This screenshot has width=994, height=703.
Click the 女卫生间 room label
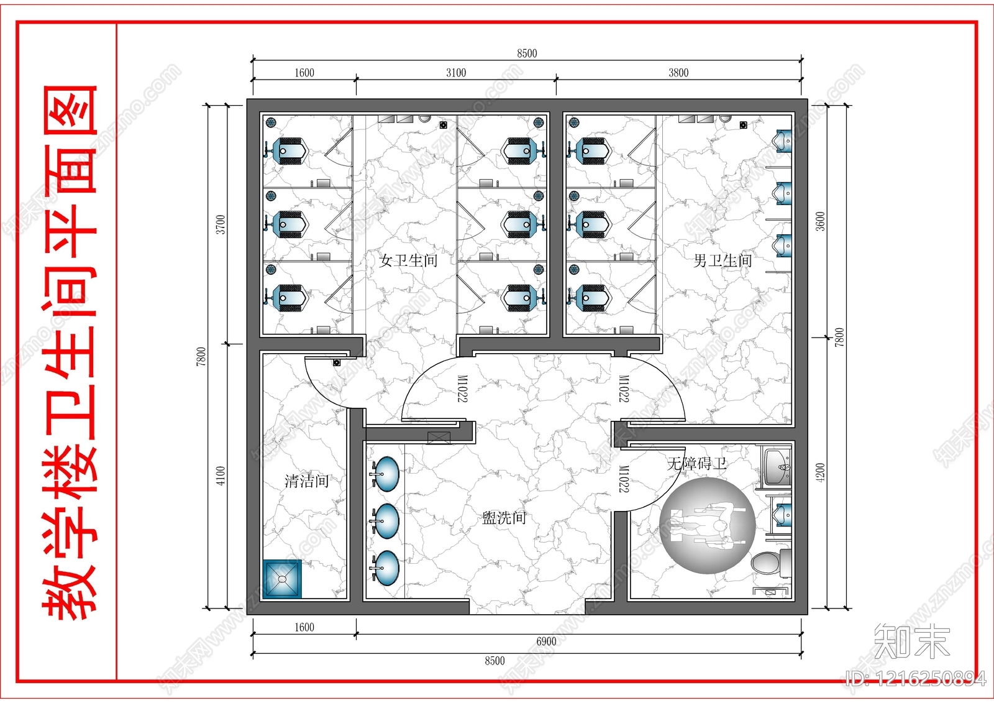click(x=408, y=260)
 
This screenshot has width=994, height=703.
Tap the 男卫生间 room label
click(x=723, y=260)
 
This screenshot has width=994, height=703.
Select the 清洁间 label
click(x=307, y=481)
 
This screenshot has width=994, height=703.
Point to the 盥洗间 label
click(x=504, y=517)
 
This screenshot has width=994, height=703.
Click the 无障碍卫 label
click(x=696, y=464)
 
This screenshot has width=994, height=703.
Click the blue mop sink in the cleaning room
click(x=282, y=579)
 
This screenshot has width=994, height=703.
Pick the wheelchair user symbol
click(x=708, y=526)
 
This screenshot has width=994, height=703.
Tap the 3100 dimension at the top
click(x=456, y=73)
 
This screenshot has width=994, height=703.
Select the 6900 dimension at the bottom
click(x=546, y=641)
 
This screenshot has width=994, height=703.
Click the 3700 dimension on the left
click(x=221, y=224)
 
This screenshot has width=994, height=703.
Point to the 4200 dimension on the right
click(x=820, y=472)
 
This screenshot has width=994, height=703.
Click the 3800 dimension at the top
click(x=678, y=73)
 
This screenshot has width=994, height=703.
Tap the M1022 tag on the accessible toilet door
click(x=624, y=479)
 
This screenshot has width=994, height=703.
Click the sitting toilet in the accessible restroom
click(x=771, y=563)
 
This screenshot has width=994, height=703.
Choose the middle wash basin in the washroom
click(x=385, y=521)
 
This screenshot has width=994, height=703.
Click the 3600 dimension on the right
click(x=820, y=221)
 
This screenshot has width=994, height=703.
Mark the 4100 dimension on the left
click(x=221, y=476)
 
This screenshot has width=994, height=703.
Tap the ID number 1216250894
click(x=916, y=679)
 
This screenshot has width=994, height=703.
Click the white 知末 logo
click(x=911, y=641)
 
